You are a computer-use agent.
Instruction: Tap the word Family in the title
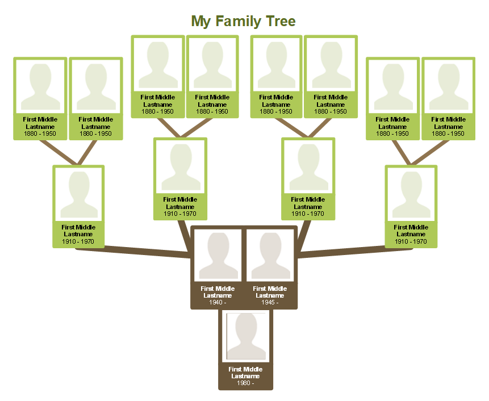[x=238, y=22]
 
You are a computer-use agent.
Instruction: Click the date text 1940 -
[x=218, y=302]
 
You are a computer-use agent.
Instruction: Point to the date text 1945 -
[x=270, y=302]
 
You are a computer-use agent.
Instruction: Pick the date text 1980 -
[x=245, y=383]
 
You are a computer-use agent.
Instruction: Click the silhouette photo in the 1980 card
[x=246, y=336]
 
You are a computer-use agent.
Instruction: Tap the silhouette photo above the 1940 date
[x=218, y=256]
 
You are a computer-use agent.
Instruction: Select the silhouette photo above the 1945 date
[x=270, y=256]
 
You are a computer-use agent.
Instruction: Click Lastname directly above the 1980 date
[x=245, y=376]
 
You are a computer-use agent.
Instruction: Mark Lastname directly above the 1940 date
[x=218, y=295]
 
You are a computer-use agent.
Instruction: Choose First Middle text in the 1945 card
[x=270, y=289]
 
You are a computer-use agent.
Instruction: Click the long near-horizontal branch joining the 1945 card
[x=356, y=252]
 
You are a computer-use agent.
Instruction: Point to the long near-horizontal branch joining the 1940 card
[x=133, y=252]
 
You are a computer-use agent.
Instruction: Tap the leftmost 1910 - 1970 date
[x=78, y=241]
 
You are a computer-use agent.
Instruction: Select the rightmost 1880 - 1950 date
[x=448, y=133]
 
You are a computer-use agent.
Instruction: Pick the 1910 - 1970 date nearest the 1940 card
[x=180, y=214]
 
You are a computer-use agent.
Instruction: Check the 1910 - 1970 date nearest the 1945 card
[x=308, y=214]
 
